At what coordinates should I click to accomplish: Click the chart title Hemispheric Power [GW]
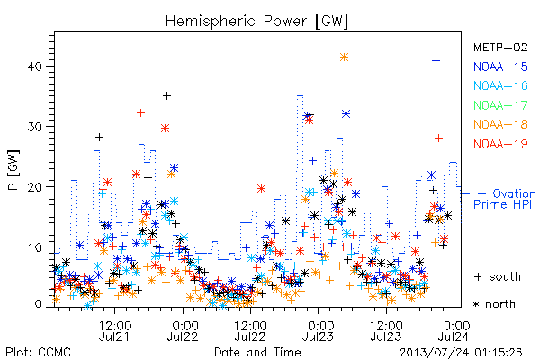256,21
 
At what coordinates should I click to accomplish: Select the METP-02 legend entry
500,47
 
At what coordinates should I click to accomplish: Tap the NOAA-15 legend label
500,67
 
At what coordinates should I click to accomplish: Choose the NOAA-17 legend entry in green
500,105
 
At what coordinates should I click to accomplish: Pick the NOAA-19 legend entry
500,144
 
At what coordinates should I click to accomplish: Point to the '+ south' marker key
498,276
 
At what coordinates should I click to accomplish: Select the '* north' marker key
494,304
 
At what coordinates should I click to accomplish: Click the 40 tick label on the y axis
34,66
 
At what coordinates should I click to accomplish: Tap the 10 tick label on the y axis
34,247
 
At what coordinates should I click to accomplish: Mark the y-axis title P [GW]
13,170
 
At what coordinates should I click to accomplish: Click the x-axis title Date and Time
257,352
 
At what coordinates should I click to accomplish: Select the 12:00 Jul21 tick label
114,330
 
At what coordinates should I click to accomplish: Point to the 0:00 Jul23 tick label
319,330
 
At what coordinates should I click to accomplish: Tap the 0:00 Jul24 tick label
454,330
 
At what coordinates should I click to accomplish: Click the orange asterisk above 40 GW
344,58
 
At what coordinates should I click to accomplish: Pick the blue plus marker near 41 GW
436,61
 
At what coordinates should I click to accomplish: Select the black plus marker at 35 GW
166,95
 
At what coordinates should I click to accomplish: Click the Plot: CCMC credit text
38,352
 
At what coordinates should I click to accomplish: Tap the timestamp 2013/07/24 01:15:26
461,353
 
